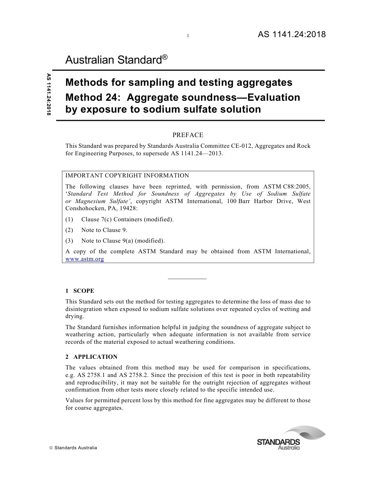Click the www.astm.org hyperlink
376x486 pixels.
[85, 259]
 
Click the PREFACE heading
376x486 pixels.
[188, 135]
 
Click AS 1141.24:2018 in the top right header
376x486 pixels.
[292, 34]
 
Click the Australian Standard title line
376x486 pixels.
[114, 60]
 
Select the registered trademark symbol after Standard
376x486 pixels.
[165, 57]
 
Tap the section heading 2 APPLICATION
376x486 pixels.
[91, 357]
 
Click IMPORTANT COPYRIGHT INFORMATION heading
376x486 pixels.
[127, 176]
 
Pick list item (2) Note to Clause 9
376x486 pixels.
[104, 230]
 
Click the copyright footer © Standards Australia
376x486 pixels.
[73, 448]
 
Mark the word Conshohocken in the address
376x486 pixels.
[84, 209]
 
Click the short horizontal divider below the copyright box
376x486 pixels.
[188, 279]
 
